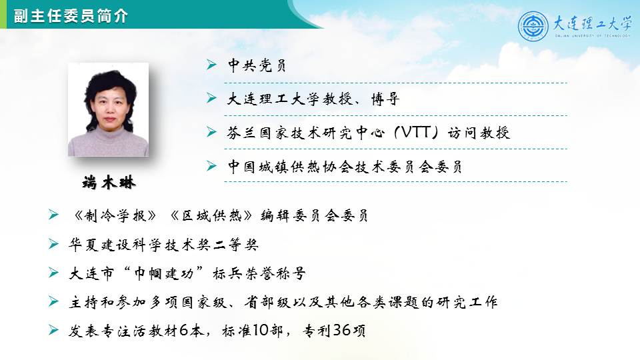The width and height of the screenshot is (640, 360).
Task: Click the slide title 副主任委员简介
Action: click(71, 16)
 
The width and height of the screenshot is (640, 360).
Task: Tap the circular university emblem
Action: click(533, 26)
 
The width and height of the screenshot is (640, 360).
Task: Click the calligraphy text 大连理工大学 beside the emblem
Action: click(592, 24)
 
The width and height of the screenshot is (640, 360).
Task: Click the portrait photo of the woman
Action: click(108, 109)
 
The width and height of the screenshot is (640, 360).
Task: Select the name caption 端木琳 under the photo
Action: click(109, 182)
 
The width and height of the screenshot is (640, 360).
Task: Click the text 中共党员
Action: click(257, 65)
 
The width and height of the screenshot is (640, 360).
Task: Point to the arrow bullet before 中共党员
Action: click(211, 65)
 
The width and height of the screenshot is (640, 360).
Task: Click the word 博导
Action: click(385, 99)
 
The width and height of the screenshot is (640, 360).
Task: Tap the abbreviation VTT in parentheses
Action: click(416, 132)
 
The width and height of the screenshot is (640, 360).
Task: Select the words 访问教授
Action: click(479, 133)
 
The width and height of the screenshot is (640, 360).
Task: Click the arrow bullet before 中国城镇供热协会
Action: click(211, 166)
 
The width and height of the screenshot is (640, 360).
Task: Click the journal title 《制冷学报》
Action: click(115, 215)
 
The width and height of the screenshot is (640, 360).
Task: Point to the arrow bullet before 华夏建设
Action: click(53, 244)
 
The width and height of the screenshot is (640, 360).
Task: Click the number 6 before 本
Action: click(184, 330)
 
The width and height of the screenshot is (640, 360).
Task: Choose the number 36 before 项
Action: click(341, 330)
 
